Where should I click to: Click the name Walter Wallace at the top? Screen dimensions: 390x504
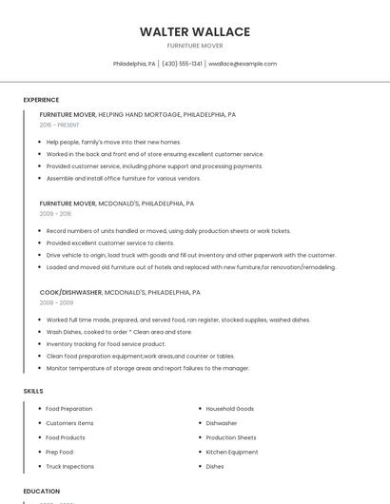point(195,31)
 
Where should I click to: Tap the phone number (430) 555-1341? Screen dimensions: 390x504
point(182,64)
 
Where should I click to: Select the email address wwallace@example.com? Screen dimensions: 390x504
point(243,64)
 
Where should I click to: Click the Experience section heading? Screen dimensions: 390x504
point(41,100)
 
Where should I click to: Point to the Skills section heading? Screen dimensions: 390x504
point(32,391)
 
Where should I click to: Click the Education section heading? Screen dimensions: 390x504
point(41,491)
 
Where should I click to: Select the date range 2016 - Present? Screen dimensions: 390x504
point(60,125)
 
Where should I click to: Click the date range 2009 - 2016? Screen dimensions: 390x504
point(55,214)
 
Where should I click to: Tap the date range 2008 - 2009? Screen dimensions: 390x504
point(56,302)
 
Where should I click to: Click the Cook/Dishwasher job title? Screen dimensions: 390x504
point(70,292)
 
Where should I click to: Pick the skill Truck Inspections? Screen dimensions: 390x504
point(70,467)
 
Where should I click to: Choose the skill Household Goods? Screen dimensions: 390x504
point(230,409)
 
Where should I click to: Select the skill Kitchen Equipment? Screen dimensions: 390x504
point(232,452)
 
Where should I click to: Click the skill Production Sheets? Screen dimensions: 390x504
point(231,437)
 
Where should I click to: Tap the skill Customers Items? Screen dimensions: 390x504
point(70,423)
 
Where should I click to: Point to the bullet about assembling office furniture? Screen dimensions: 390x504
point(124,178)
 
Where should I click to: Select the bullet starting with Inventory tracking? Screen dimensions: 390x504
point(106,343)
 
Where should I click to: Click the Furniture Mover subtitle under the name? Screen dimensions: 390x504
point(195,46)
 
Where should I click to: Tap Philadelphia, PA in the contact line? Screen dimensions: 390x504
point(134,64)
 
